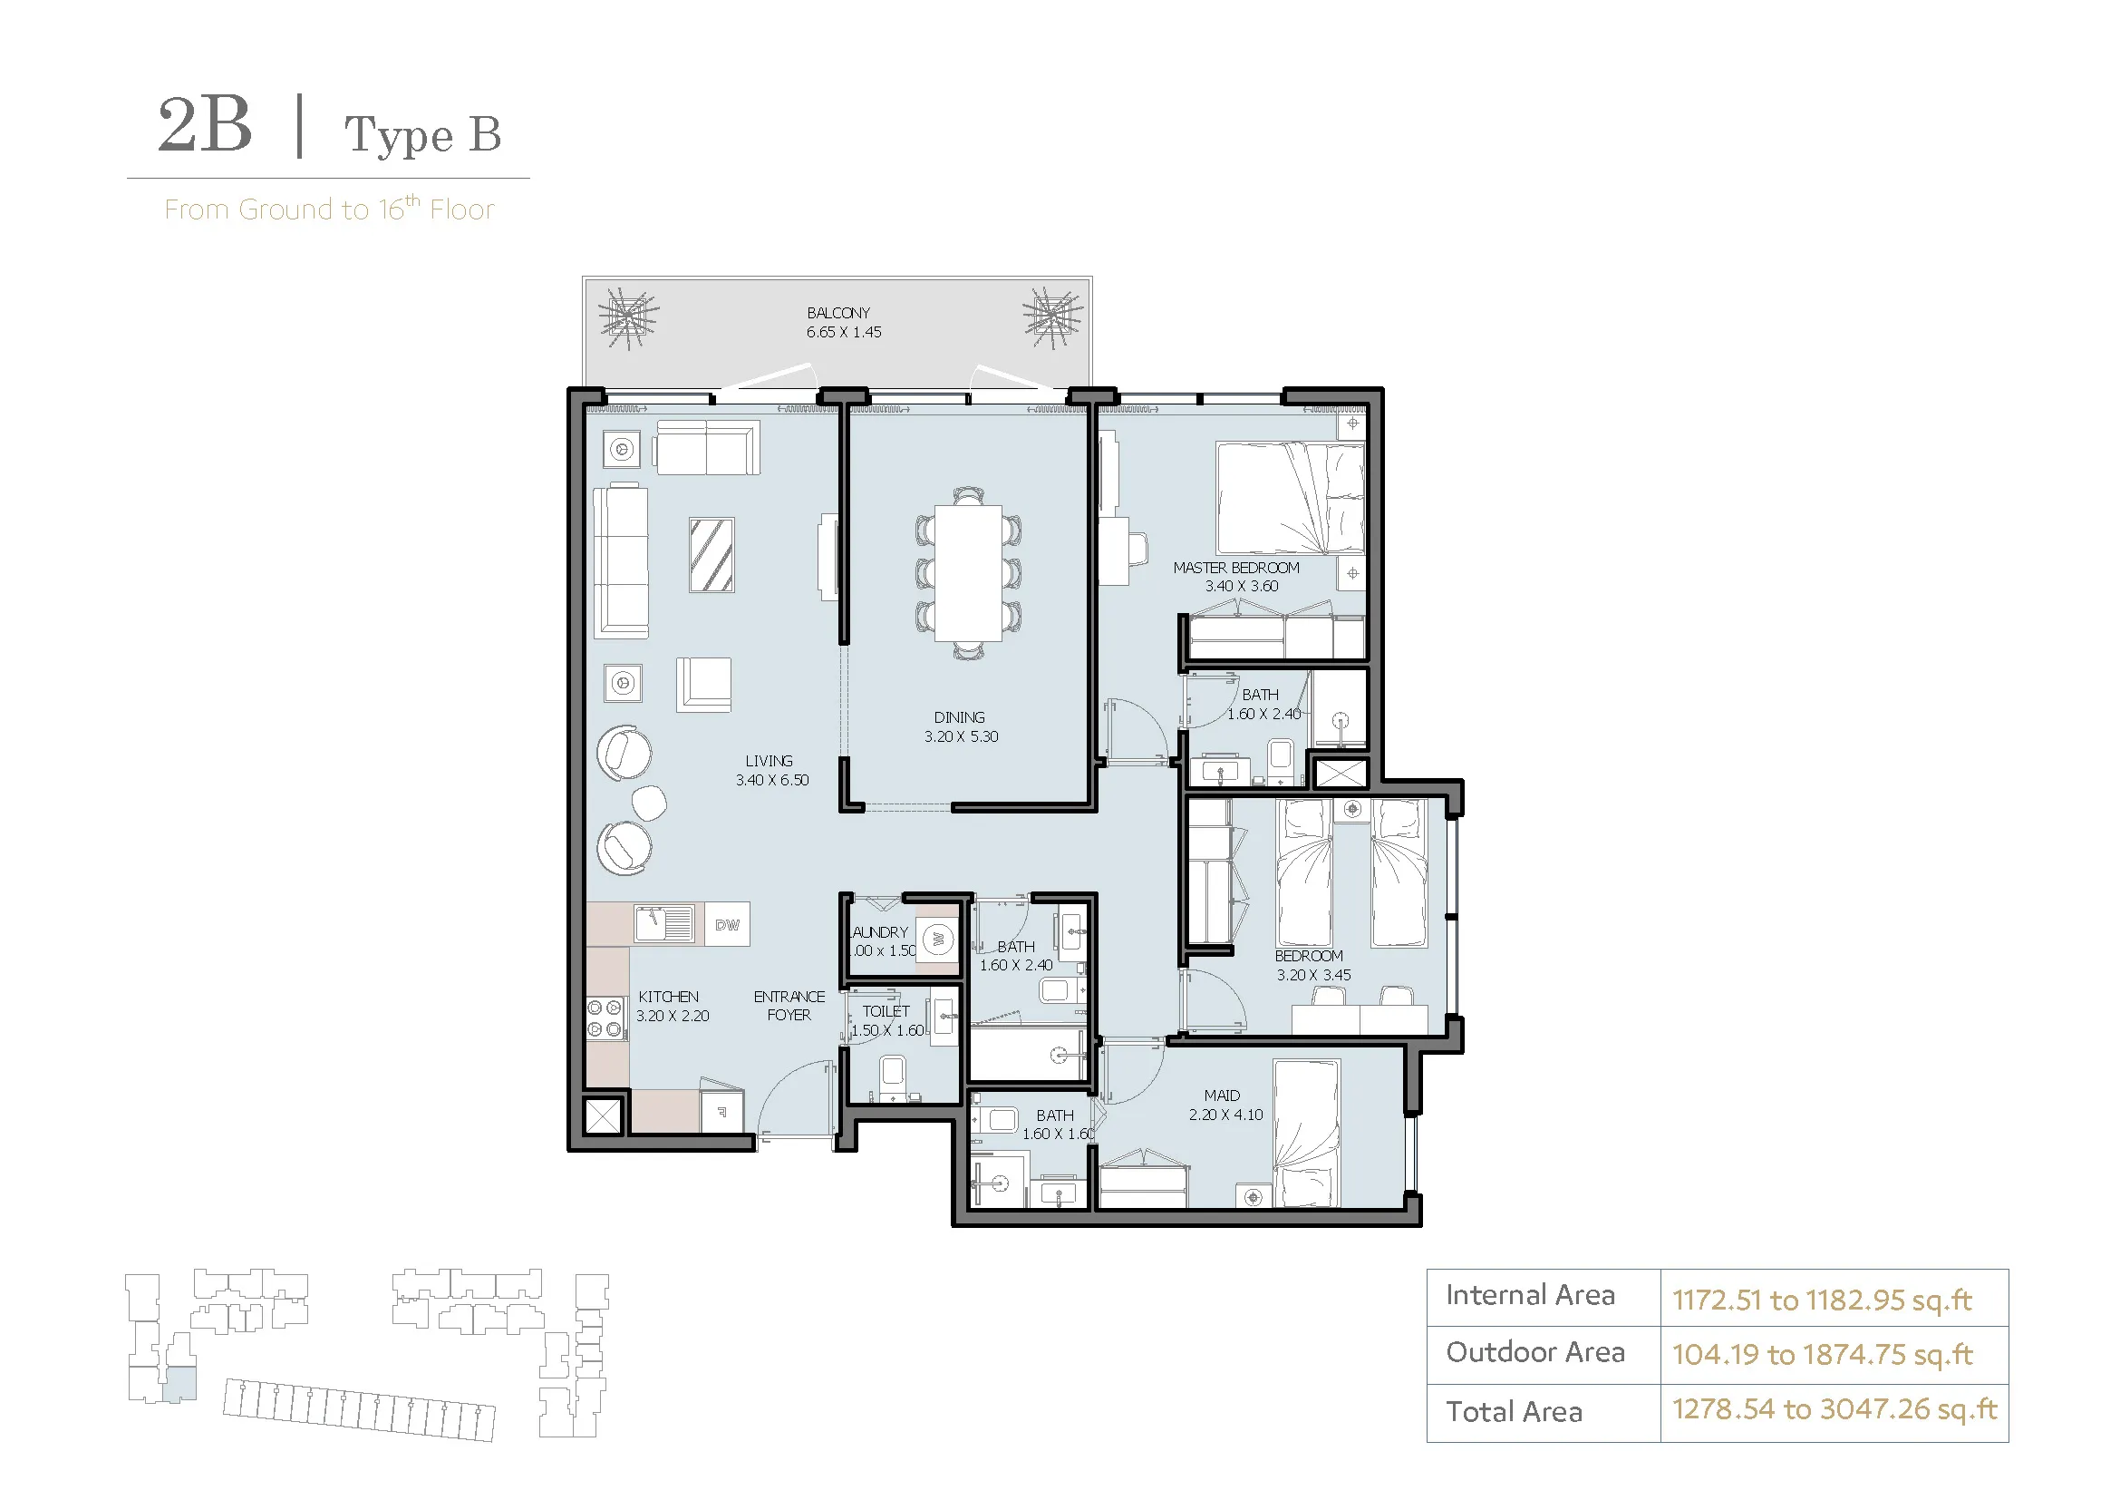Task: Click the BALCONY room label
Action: [838, 313]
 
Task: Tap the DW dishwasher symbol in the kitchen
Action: [728, 924]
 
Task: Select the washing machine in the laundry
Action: [939, 940]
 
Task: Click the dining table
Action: [968, 572]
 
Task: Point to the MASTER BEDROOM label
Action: [1236, 568]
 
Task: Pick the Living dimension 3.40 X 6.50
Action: [772, 780]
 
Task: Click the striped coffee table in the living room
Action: [711, 555]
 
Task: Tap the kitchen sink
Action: [663, 922]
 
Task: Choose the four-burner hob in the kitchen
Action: [605, 1018]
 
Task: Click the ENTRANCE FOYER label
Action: [789, 1006]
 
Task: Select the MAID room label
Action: [1222, 1096]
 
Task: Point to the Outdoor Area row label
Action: [1534, 1352]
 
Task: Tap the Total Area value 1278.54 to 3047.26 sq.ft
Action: [1834, 1409]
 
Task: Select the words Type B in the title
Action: [423, 135]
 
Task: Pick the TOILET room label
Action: [886, 1011]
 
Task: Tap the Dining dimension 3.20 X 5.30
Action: [961, 736]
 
